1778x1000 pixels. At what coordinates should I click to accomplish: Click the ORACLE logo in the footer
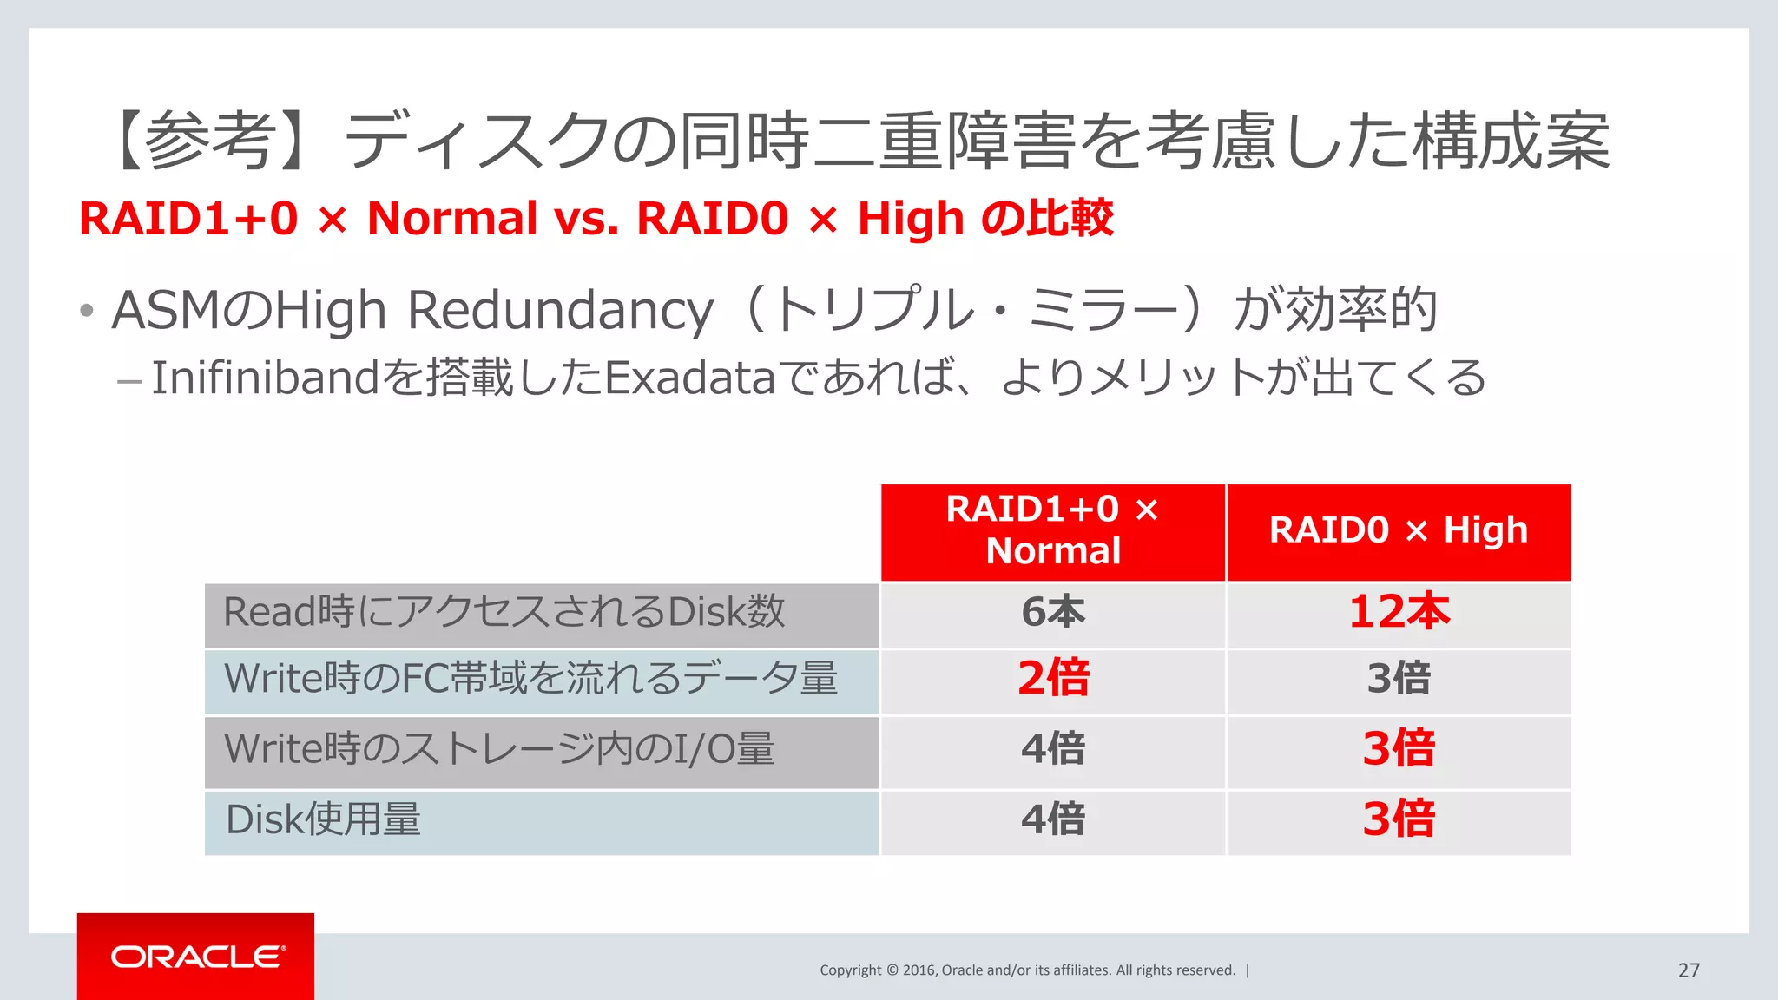pyautogui.click(x=196, y=957)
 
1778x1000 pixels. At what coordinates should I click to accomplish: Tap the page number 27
pyautogui.click(x=1689, y=970)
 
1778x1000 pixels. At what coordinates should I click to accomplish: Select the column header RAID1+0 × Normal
pyautogui.click(x=1052, y=530)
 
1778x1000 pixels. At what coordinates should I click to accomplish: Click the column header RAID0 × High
pyautogui.click(x=1398, y=530)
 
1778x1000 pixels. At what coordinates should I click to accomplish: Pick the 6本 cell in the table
pyautogui.click(x=1052, y=612)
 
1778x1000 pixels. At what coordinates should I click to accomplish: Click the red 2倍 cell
pyautogui.click(x=1052, y=678)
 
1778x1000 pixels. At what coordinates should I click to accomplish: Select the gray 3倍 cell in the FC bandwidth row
pyautogui.click(x=1398, y=678)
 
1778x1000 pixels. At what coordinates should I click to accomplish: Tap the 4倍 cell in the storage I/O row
pyautogui.click(x=1052, y=748)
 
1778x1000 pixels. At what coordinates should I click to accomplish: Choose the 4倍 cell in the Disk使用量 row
pyautogui.click(x=1052, y=819)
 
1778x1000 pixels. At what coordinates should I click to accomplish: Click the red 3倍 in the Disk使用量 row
pyautogui.click(x=1398, y=819)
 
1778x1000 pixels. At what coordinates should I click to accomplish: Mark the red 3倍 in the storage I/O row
pyautogui.click(x=1398, y=748)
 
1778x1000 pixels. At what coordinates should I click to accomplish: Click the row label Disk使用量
pyautogui.click(x=323, y=819)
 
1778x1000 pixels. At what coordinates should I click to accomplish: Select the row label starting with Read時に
pyautogui.click(x=504, y=612)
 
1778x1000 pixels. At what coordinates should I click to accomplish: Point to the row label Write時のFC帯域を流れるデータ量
pyautogui.click(x=530, y=678)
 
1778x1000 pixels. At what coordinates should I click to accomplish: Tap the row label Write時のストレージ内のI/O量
pyautogui.click(x=499, y=748)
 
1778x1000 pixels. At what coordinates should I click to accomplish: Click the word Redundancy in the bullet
pyautogui.click(x=560, y=311)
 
